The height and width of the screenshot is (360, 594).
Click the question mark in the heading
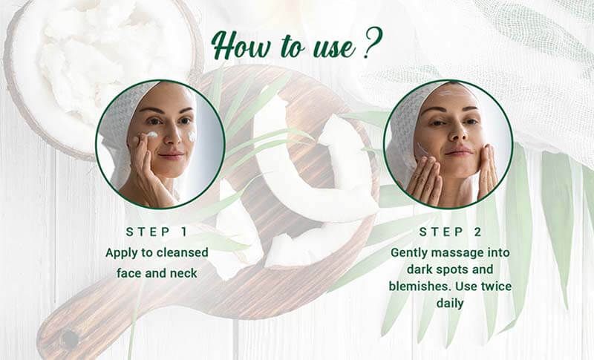click(373, 43)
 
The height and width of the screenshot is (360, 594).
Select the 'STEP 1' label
click(157, 232)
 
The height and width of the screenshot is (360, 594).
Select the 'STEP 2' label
click(450, 232)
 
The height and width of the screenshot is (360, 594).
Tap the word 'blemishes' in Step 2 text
click(420, 287)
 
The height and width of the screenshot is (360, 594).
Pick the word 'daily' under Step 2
click(450, 304)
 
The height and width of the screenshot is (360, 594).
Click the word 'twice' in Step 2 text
click(496, 287)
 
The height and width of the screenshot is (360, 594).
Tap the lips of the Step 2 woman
click(458, 152)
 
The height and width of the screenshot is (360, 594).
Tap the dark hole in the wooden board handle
click(70, 338)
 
